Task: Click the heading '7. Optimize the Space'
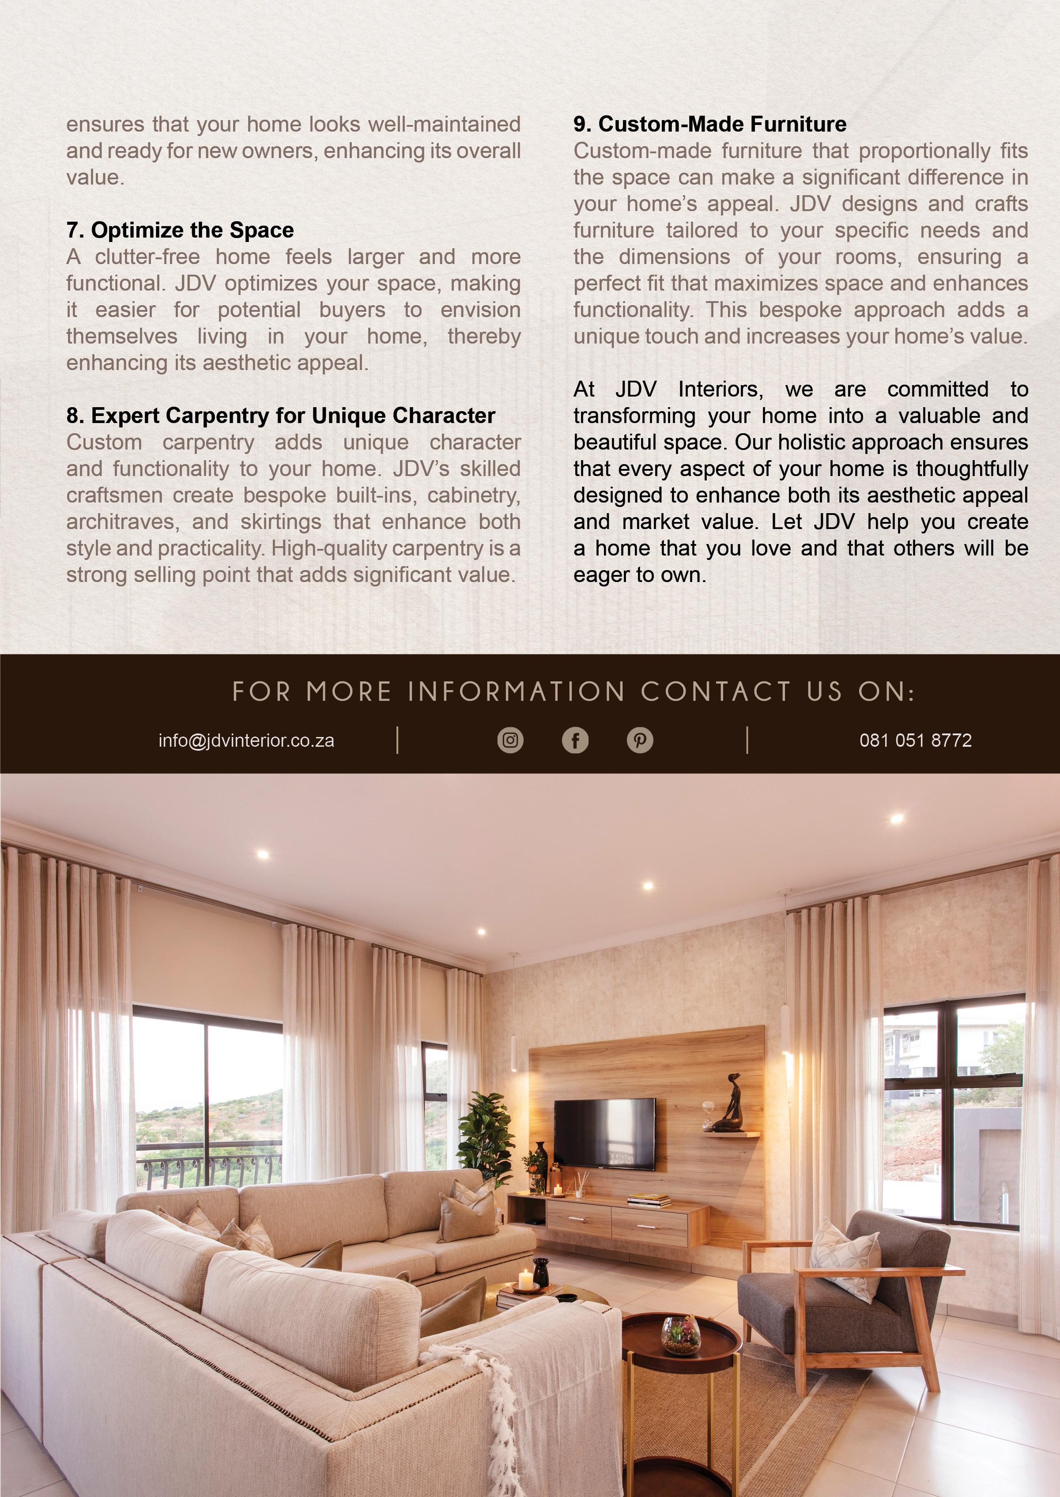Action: point(180,231)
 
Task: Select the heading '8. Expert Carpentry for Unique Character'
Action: point(281,416)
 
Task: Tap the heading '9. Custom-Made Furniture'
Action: point(709,124)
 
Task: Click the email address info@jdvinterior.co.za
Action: point(246,741)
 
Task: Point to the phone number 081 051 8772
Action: point(915,741)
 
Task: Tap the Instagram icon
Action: point(510,741)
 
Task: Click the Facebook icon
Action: point(575,741)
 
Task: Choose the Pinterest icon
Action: point(640,741)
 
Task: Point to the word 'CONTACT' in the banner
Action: point(715,692)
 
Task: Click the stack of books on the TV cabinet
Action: point(649,1199)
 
